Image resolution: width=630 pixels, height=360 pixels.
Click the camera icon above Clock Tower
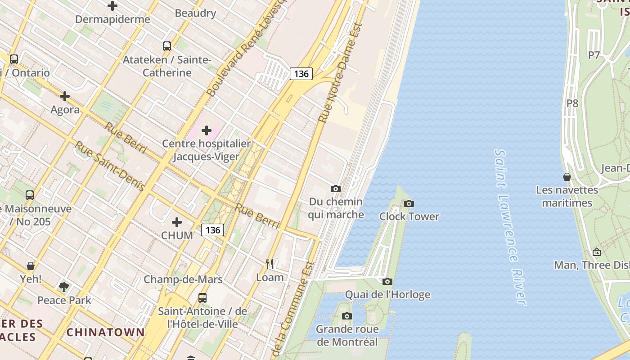coord(409,204)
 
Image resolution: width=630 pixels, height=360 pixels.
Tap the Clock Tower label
coord(409,216)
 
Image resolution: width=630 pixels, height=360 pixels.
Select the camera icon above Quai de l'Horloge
coord(387,282)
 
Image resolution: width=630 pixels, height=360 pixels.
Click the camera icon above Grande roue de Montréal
coord(346,316)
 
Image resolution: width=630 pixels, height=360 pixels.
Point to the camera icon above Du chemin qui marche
coord(336,189)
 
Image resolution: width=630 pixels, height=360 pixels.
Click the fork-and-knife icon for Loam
coord(270,264)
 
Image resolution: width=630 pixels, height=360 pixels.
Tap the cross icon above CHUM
coord(177,222)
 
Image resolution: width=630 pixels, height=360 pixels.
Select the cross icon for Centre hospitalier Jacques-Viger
coord(207,130)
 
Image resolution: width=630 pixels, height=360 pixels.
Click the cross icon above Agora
coord(65,96)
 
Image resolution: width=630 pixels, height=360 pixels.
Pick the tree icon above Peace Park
coord(64,287)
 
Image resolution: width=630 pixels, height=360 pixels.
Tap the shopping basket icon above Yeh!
coord(31,266)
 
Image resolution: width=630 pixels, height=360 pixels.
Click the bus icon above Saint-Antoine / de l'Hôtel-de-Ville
coord(202,298)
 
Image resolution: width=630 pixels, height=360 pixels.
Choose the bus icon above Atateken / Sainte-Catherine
coord(167,46)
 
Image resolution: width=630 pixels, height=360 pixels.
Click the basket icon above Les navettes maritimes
coord(567,177)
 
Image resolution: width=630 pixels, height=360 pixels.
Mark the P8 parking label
coord(572,103)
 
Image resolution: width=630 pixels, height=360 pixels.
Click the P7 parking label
coord(594,55)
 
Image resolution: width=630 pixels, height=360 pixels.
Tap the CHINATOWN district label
coord(106,333)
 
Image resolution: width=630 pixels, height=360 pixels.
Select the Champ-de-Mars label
coord(183,279)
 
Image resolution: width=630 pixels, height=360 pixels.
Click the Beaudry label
coord(195,13)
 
